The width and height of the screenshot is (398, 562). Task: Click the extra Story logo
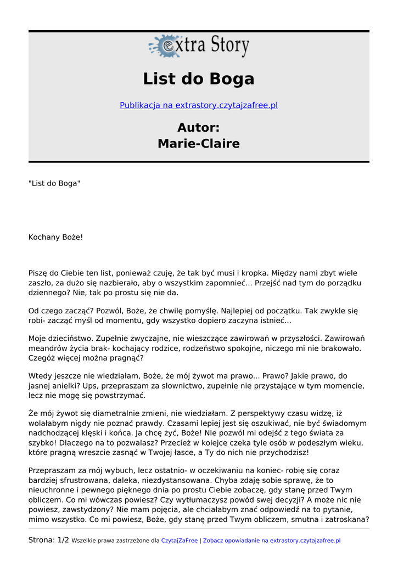point(199,46)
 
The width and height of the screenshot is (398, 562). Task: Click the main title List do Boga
point(199,79)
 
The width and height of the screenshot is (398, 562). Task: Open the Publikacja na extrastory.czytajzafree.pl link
point(199,105)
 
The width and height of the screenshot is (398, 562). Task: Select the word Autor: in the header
point(199,128)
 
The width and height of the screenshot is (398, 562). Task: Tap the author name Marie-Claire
point(199,144)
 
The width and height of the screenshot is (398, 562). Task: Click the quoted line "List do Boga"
point(54,183)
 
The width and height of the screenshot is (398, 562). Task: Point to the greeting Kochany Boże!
point(55,238)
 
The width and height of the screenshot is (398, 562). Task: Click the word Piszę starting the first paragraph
point(39,273)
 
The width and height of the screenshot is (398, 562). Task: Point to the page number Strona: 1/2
point(49,540)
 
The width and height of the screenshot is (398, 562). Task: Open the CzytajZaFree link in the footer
point(179,541)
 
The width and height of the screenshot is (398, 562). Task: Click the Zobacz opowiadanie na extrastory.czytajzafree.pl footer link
point(272,541)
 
